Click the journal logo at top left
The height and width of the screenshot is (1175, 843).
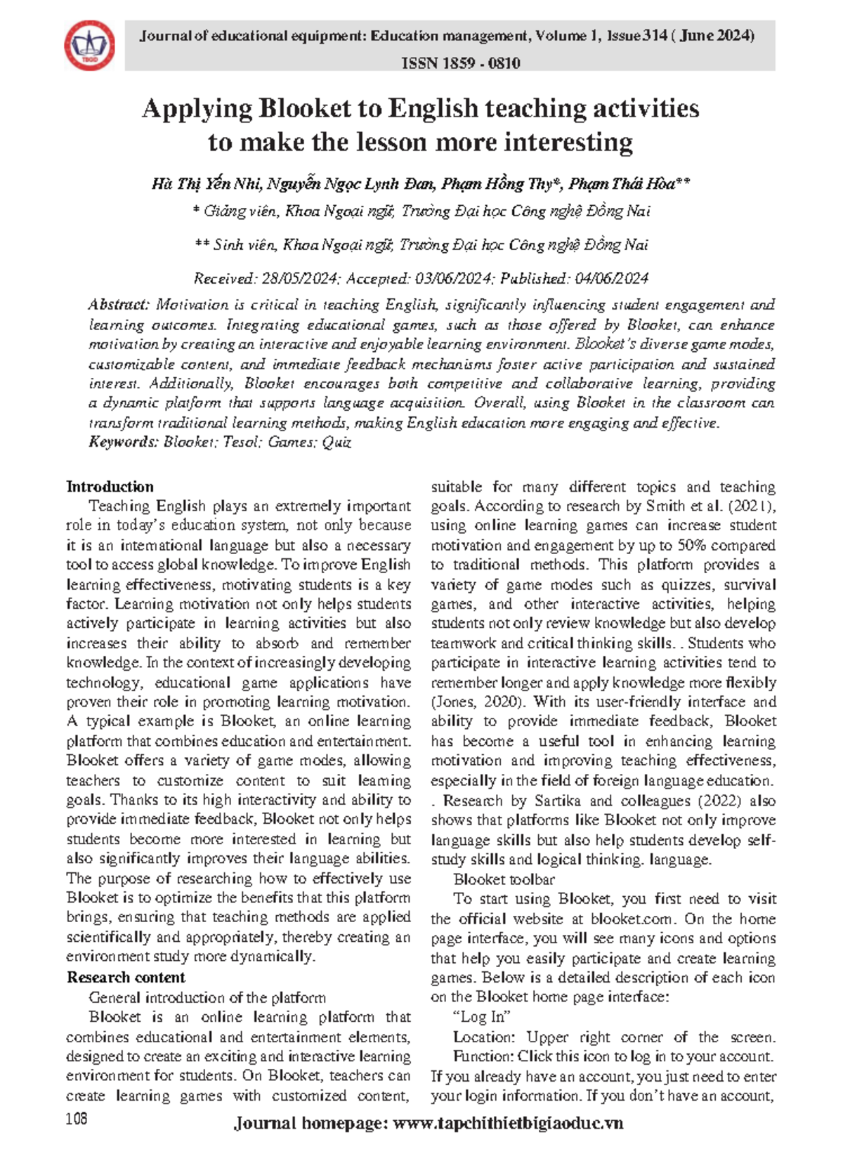coord(90,46)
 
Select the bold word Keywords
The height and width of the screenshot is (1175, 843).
coord(123,442)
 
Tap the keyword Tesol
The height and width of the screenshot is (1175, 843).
coord(241,442)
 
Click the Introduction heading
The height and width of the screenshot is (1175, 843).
coord(110,487)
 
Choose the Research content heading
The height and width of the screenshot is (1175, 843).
coord(126,978)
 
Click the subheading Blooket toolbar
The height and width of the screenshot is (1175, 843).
coord(504,879)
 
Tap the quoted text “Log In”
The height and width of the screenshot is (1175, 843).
coord(482,1017)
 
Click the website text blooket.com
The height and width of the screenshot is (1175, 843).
coord(632,919)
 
